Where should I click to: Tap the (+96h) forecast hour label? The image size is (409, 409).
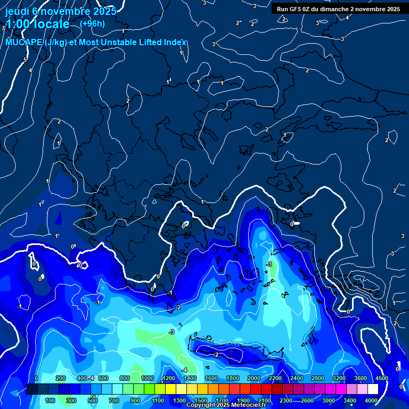pyautogui.click(x=92, y=23)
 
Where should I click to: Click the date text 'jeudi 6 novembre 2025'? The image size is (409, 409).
pyautogui.click(x=61, y=11)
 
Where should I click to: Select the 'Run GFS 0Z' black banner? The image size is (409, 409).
pyautogui.click(x=338, y=9)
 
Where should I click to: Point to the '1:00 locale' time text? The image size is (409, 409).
pyautogui.click(x=38, y=24)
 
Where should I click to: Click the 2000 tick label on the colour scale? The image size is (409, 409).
pyautogui.click(x=253, y=378)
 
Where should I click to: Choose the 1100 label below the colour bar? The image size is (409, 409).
pyautogui.click(x=158, y=400)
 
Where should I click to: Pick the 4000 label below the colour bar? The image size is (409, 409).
pyautogui.click(x=371, y=400)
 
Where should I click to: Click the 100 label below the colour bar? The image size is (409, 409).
pyautogui.click(x=51, y=400)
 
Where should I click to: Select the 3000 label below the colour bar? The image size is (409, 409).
pyautogui.click(x=328, y=400)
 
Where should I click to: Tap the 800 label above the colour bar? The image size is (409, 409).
pyautogui.click(x=125, y=378)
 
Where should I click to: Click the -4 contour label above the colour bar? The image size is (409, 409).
pyautogui.click(x=91, y=378)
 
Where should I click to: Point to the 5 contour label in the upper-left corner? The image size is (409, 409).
pyautogui.click(x=25, y=60)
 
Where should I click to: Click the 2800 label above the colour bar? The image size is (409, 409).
pyautogui.click(x=317, y=378)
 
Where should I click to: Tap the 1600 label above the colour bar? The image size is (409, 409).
pyautogui.click(x=211, y=378)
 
